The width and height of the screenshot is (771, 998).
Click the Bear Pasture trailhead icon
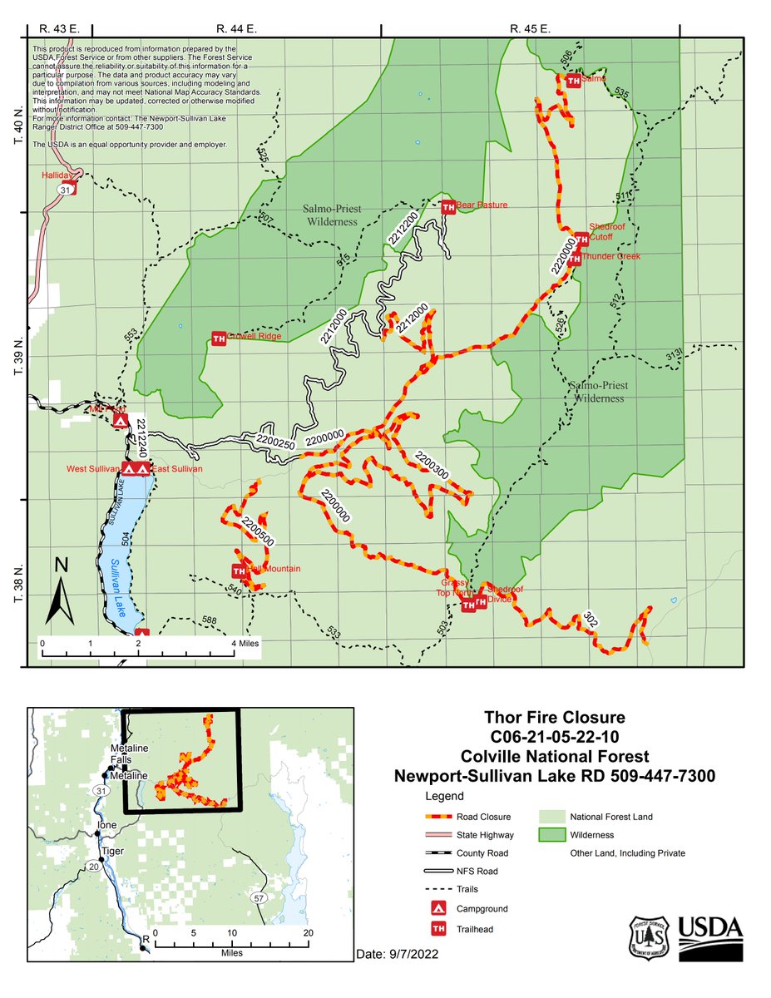pyautogui.click(x=448, y=205)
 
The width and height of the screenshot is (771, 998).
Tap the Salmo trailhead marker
pyautogui.click(x=573, y=80)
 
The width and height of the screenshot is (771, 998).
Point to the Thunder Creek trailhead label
pyautogui.click(x=610, y=256)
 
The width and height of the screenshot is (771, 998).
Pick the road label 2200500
pyautogui.click(x=258, y=531)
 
